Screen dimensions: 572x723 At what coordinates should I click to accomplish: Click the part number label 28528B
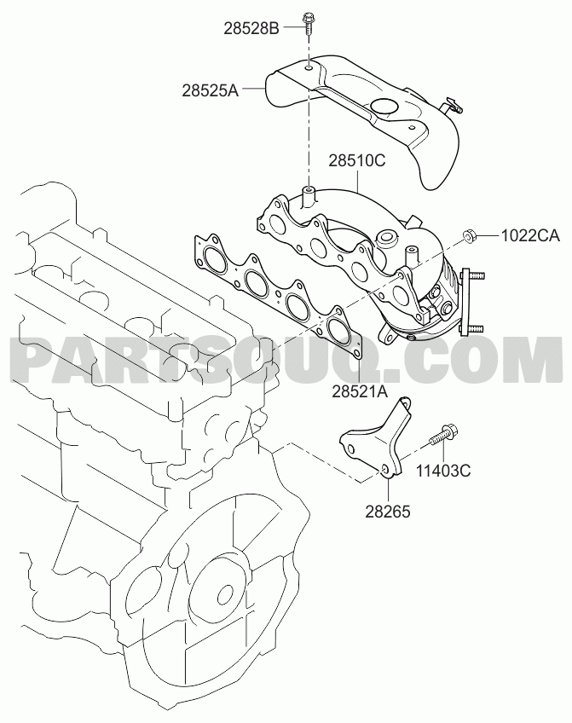(251, 28)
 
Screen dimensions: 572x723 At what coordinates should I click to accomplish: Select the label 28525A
(210, 90)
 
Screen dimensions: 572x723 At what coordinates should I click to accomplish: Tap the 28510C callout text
(356, 161)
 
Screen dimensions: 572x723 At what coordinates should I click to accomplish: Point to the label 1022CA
(530, 236)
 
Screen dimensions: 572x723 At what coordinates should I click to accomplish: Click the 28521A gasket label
(360, 391)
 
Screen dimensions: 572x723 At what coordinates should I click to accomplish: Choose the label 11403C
(443, 471)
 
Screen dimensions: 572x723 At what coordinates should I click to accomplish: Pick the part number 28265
(388, 512)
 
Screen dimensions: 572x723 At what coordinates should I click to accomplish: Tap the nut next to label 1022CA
(469, 237)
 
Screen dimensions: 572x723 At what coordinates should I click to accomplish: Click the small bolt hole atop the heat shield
(309, 69)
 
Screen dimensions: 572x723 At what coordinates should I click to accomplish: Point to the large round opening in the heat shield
(384, 106)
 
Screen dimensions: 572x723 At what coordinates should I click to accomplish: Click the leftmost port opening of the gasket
(213, 258)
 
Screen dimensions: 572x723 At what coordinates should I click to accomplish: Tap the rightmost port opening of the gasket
(338, 331)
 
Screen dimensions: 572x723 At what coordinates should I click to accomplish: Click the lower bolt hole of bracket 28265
(385, 469)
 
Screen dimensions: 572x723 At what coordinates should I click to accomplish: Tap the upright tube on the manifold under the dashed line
(308, 196)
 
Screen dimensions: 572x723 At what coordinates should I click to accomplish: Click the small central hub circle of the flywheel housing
(226, 594)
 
